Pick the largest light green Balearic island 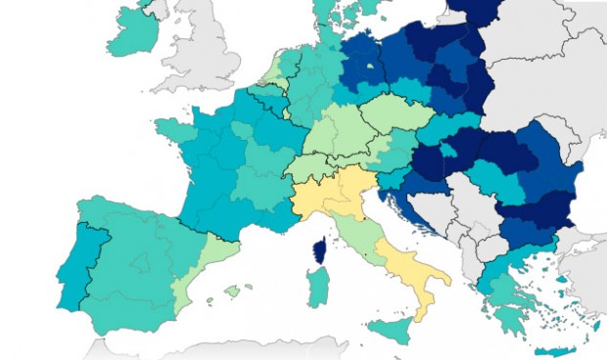232,290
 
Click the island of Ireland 137,34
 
